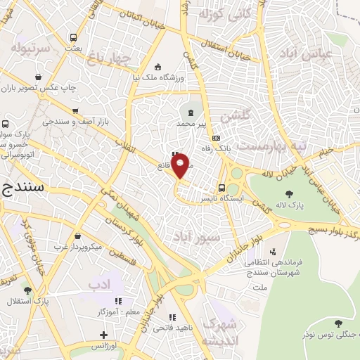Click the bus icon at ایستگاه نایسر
click(x=222, y=188)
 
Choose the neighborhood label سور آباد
click(x=221, y=238)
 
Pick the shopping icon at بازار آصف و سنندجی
click(x=75, y=110)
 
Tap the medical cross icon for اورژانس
click(x=103, y=334)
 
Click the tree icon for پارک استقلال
click(x=27, y=290)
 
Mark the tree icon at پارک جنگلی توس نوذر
click(x=339, y=324)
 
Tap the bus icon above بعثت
click(x=72, y=37)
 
